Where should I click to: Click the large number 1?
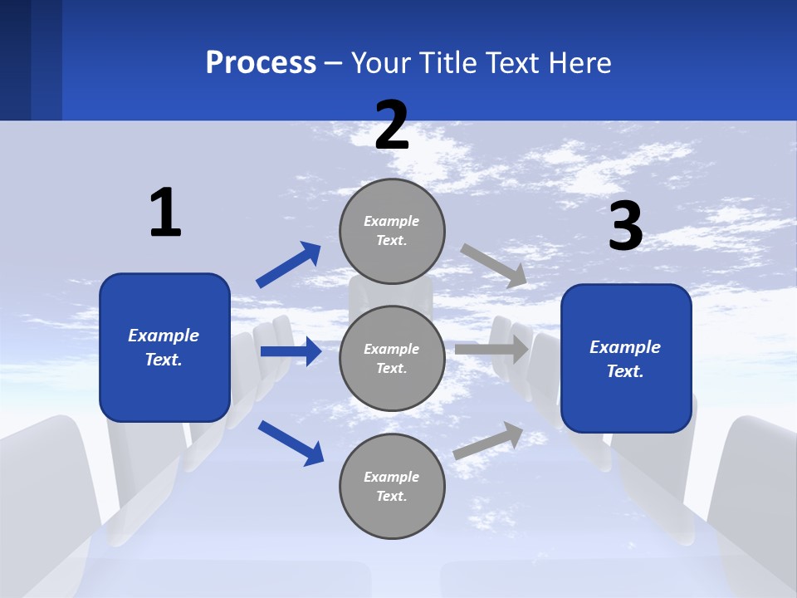coord(165,213)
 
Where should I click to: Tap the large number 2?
coord(392,125)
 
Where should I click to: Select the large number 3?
coord(625,227)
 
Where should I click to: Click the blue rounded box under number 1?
coord(164,347)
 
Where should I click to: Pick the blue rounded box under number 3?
coord(626,359)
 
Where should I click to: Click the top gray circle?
coord(392,231)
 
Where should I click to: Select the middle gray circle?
coord(392,359)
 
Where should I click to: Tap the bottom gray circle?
coord(392,487)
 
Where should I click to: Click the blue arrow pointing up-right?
coord(289,265)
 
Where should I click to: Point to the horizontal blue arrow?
coord(291,351)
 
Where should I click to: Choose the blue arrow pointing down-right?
coord(291,442)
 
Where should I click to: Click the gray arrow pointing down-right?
coord(494,265)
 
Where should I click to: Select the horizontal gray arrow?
coord(491,350)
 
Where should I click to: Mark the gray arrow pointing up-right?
coord(489,440)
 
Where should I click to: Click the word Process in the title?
coord(261,62)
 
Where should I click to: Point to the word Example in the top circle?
coord(392,221)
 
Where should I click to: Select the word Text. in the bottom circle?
coord(392,496)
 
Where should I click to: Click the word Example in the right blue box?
coord(625,347)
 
